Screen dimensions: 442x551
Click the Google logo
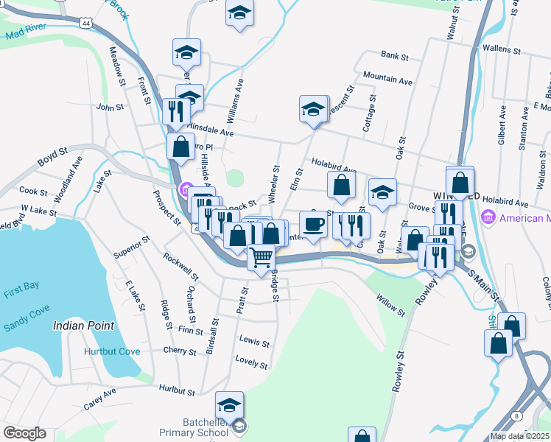pos(24,433)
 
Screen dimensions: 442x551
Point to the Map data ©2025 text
pos(519,436)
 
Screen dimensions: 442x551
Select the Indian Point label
pos(83,325)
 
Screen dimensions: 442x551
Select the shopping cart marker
pos(261,259)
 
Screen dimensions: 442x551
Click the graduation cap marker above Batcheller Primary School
pos(229,405)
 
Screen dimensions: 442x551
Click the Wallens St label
pos(501,51)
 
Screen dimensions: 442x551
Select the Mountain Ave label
pos(387,79)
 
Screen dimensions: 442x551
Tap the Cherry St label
pos(180,351)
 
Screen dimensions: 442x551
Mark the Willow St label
pos(390,306)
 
